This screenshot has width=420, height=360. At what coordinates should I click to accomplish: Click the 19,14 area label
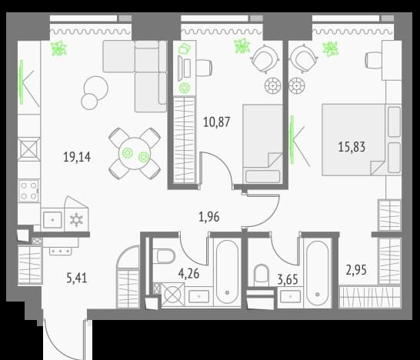point(77,157)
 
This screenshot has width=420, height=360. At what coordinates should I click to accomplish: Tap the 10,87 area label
point(216,122)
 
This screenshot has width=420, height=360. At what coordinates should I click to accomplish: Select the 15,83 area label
point(352,147)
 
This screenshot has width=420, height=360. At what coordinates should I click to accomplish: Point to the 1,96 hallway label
point(209,217)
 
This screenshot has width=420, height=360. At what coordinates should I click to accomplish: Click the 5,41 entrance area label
point(77,278)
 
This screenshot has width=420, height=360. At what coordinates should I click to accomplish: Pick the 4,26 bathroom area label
point(188,274)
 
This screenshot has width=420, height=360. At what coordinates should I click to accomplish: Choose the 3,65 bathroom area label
point(288,280)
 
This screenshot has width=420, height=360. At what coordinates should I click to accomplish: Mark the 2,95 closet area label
point(356,270)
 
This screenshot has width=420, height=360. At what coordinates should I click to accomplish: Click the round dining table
point(135,154)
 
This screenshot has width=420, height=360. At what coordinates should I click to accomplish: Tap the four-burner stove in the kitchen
point(29,191)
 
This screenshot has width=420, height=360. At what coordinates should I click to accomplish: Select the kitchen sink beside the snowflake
point(52,220)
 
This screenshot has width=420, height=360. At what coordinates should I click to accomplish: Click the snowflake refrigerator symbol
point(76,220)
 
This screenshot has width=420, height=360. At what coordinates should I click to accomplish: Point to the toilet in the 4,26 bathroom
point(164,256)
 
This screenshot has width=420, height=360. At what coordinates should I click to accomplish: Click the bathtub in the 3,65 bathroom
point(318,273)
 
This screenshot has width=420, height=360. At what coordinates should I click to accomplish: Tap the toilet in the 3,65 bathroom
point(262,274)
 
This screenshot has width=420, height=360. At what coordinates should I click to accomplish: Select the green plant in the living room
point(59,48)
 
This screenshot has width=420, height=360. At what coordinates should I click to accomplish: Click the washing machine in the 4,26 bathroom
point(173,295)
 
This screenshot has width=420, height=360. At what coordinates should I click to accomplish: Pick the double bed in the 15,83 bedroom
point(362,140)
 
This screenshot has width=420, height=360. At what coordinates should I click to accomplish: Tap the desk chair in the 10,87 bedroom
point(204,68)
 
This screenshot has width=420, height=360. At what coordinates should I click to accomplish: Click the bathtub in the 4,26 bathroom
point(227,272)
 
